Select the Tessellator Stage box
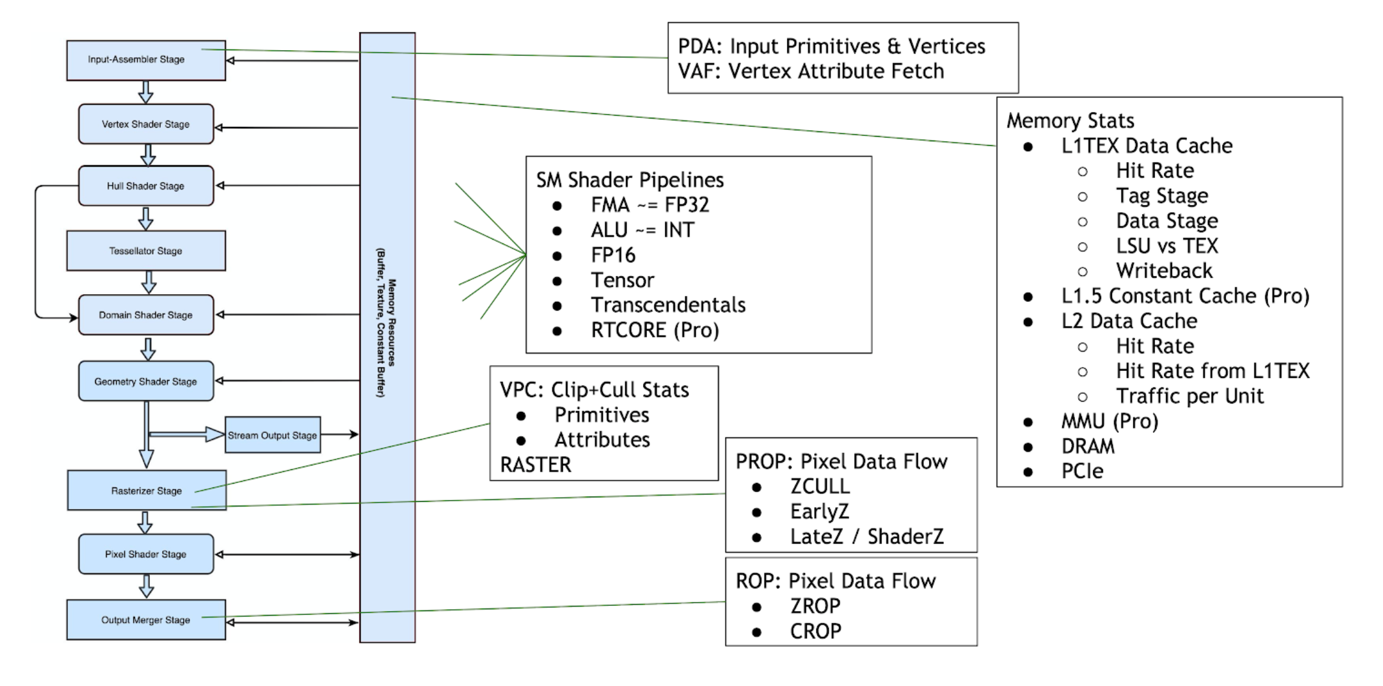(146, 251)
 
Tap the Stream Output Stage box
(272, 435)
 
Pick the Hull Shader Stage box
(146, 186)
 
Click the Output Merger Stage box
(146, 620)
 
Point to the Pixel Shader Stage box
(146, 555)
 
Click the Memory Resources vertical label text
(387, 322)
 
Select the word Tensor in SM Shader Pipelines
(622, 281)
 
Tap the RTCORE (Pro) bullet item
(654, 331)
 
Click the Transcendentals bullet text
(668, 305)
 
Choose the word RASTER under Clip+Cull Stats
(535, 465)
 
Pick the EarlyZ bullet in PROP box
(819, 512)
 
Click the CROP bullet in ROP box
(815, 631)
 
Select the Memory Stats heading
(1070, 121)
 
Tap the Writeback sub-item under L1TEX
(1164, 271)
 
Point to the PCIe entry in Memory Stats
(1082, 471)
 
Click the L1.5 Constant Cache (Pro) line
(1185, 296)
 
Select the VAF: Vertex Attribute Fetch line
(810, 71)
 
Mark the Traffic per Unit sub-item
(1190, 396)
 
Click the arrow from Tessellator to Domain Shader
(149, 282)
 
